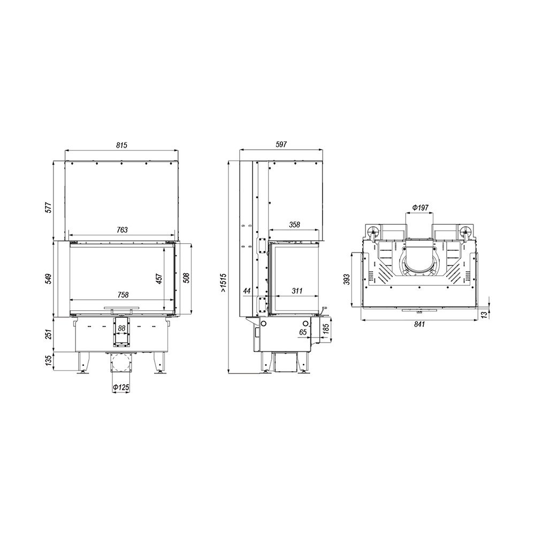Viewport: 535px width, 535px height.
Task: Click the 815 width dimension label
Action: click(121, 145)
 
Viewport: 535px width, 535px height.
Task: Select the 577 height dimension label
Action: click(49, 208)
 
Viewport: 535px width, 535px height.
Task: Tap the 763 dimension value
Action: click(122, 230)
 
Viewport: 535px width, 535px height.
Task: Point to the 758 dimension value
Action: click(123, 295)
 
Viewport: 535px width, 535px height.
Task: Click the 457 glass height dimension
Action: click(159, 278)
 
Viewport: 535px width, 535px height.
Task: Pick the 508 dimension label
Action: click(186, 278)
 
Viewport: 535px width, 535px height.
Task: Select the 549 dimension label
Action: click(49, 279)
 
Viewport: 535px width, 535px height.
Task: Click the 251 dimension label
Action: click(49, 334)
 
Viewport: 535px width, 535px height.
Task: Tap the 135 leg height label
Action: click(49, 361)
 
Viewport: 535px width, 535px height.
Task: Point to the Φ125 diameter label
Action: click(121, 387)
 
